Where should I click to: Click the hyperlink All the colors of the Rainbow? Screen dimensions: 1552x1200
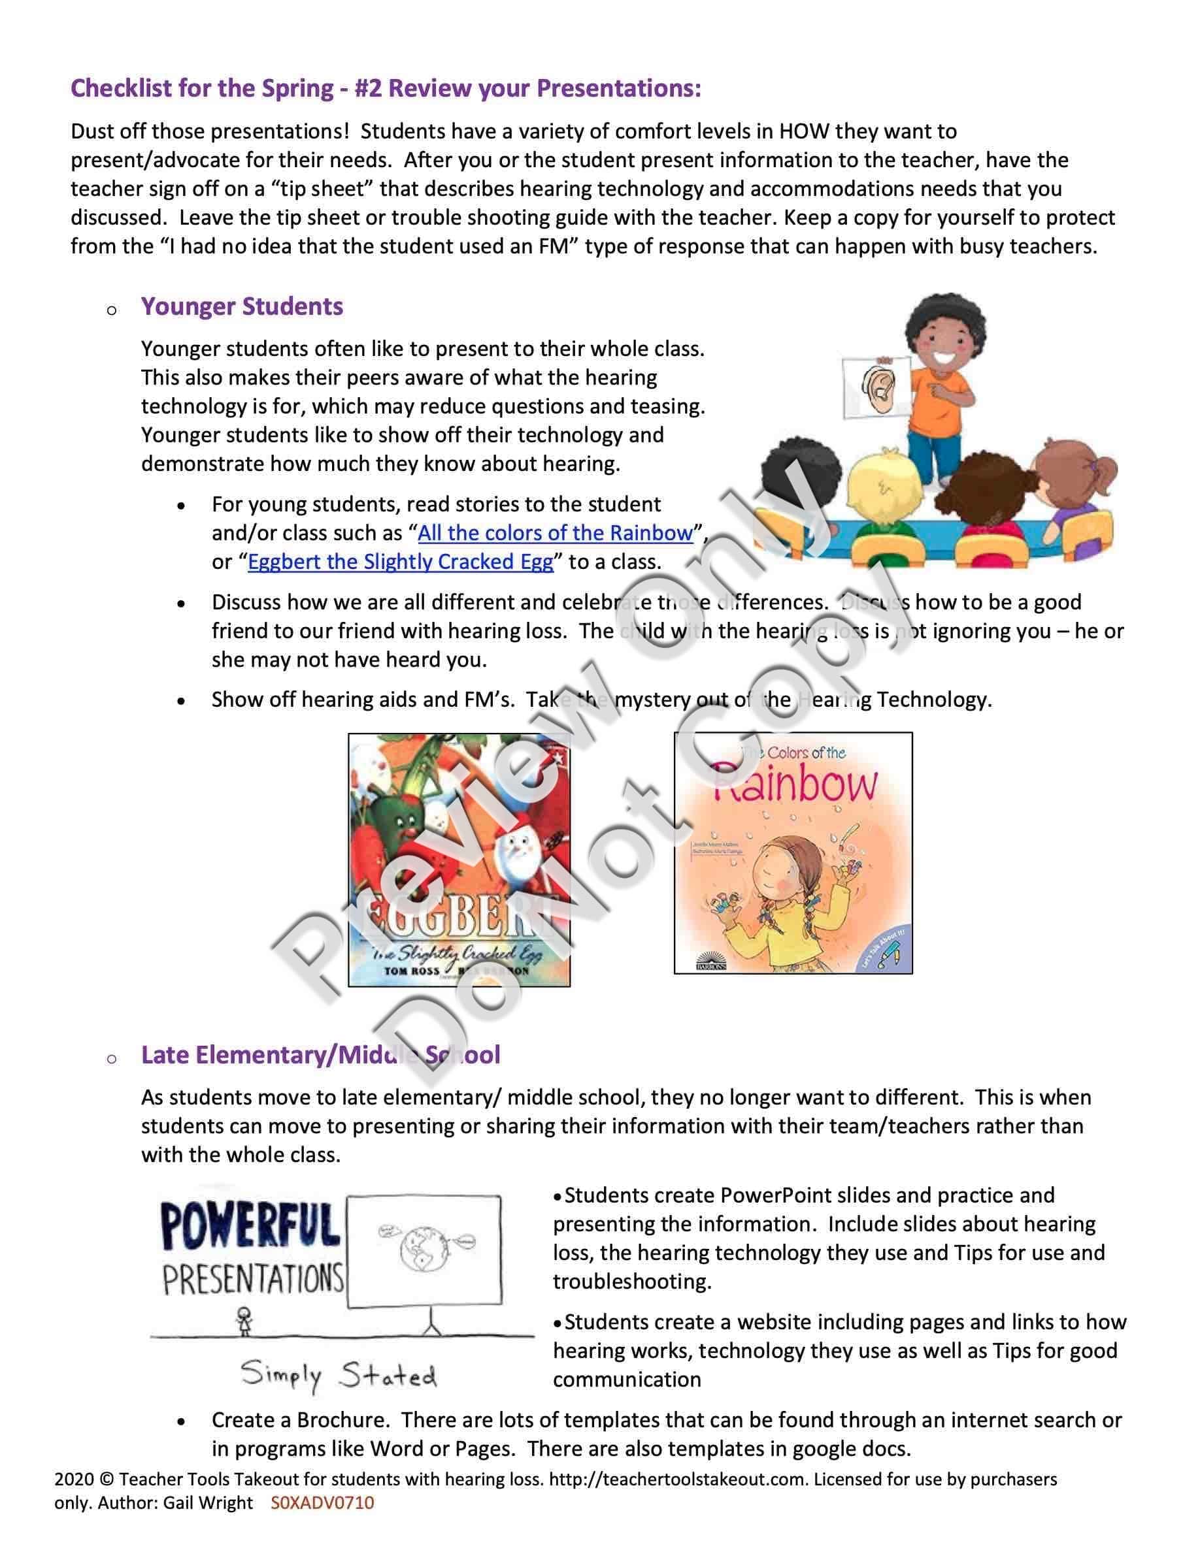[x=554, y=533]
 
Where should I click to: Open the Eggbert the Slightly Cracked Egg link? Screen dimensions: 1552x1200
[x=400, y=562]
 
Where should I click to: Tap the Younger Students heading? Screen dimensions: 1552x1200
[x=242, y=306]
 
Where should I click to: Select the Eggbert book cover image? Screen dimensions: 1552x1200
[x=459, y=860]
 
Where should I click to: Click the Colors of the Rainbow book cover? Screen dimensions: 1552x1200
[x=793, y=852]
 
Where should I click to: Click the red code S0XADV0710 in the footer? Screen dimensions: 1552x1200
[x=322, y=1503]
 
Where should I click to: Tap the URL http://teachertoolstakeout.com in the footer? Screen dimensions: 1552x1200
[x=678, y=1479]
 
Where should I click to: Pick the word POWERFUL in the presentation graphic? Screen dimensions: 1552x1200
[x=250, y=1227]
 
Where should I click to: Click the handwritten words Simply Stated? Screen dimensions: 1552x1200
[x=339, y=1376]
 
